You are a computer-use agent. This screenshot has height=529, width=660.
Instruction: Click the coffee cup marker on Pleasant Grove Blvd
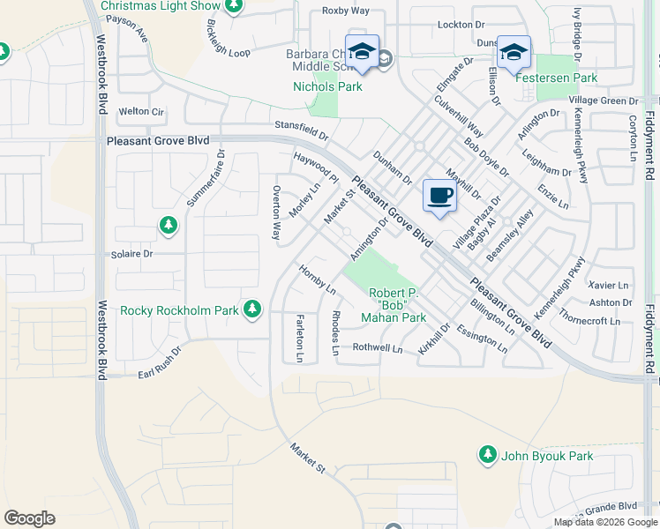(x=439, y=197)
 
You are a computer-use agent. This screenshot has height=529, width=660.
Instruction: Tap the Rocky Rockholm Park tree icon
(x=252, y=308)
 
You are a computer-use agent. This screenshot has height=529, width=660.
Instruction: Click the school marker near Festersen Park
(x=514, y=52)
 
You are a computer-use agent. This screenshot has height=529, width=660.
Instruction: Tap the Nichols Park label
(x=326, y=86)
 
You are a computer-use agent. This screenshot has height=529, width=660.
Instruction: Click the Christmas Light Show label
(x=160, y=6)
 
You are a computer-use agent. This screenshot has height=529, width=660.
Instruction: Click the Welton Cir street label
(x=141, y=112)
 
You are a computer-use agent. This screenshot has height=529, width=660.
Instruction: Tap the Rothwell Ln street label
(x=377, y=349)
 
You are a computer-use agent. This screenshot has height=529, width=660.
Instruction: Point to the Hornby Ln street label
(x=318, y=279)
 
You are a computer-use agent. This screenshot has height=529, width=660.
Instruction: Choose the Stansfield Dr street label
(x=301, y=130)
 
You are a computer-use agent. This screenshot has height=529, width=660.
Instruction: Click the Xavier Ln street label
(x=608, y=286)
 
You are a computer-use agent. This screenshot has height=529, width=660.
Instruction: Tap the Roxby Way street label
(x=346, y=11)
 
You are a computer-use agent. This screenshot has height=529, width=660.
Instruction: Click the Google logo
(x=30, y=518)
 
